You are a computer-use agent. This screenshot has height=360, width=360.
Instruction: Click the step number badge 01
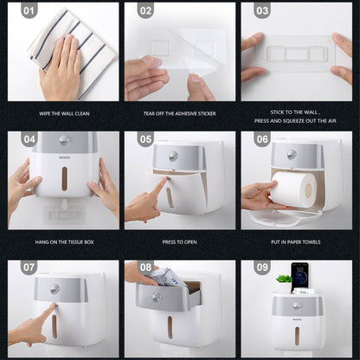pyautogui.click(x=29, y=11)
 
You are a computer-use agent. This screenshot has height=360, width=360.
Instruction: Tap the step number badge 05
pyautogui.click(x=145, y=139)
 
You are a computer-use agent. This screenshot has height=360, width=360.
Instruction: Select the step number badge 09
pyautogui.click(x=262, y=267)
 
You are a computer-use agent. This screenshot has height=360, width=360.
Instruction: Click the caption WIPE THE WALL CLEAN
pyautogui.click(x=64, y=113)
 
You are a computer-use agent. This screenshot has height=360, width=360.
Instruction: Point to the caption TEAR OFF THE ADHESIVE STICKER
pyautogui.click(x=179, y=113)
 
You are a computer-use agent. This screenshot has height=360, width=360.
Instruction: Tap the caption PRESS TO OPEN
pyautogui.click(x=179, y=242)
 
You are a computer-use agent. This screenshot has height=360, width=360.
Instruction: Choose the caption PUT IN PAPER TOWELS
pyautogui.click(x=296, y=242)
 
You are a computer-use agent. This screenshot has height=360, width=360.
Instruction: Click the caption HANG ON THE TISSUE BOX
pyautogui.click(x=64, y=242)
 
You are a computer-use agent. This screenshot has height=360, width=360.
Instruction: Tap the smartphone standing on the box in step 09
pyautogui.click(x=299, y=276)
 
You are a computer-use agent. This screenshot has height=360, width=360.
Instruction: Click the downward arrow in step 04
pyautogui.click(x=65, y=205)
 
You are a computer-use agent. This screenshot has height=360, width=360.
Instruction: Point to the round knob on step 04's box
pyautogui.click(x=65, y=140)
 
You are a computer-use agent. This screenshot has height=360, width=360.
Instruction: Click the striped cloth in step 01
pyautogui.click(x=72, y=52)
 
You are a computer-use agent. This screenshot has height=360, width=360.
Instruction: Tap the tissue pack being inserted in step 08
pyautogui.click(x=165, y=278)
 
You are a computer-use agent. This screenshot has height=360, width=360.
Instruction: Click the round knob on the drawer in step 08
pyautogui.click(x=157, y=297)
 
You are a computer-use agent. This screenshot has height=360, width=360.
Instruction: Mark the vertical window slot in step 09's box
pyautogui.click(x=297, y=336)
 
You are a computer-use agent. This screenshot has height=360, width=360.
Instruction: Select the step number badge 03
pyautogui.click(x=262, y=11)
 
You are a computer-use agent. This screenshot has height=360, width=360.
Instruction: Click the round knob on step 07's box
pyautogui.click(x=55, y=289)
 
